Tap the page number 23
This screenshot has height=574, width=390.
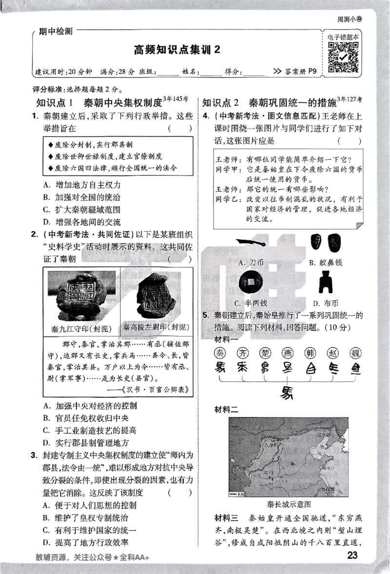[352, 555]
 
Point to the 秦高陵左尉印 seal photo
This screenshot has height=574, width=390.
[156, 294]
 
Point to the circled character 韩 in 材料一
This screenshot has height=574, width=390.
[310, 352]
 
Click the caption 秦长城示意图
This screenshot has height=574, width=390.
[288, 504]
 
